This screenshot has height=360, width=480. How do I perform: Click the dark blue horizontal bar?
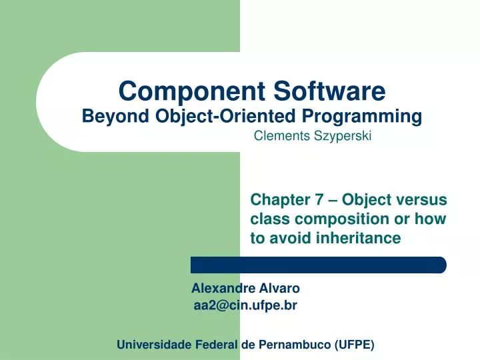(x=318, y=265)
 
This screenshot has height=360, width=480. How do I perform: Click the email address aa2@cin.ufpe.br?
(x=245, y=305)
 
